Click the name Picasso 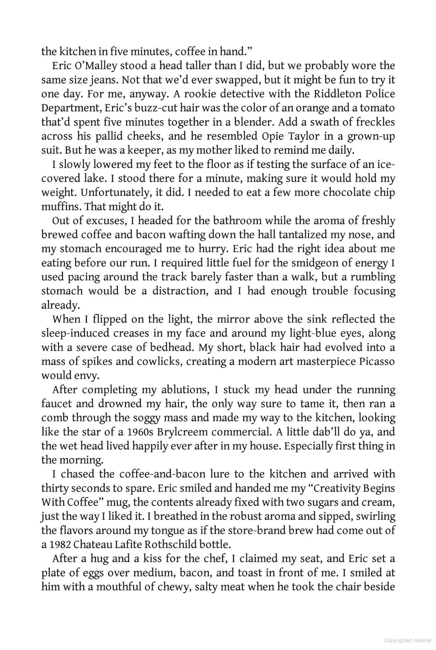[x=377, y=361]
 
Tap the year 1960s [x=140, y=432]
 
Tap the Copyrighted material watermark [x=407, y=641]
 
